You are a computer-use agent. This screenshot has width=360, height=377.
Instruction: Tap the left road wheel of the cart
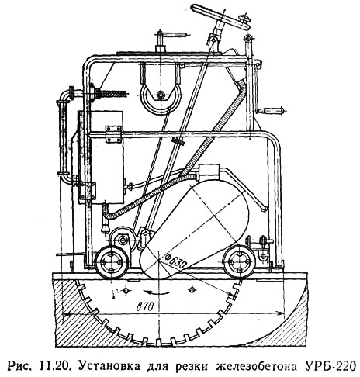111,261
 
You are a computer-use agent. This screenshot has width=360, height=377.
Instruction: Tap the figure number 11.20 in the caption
54,366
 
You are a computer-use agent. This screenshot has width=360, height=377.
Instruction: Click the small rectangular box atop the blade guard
209,171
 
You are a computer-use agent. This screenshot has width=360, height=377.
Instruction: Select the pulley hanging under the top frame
161,95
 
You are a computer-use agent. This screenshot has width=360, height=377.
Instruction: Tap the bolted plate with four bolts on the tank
113,134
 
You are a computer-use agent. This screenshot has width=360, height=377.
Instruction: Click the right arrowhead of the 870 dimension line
279,313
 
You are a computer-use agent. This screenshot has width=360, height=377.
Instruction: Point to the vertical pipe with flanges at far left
63,137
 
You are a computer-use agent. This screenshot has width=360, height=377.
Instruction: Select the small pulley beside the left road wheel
121,238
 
